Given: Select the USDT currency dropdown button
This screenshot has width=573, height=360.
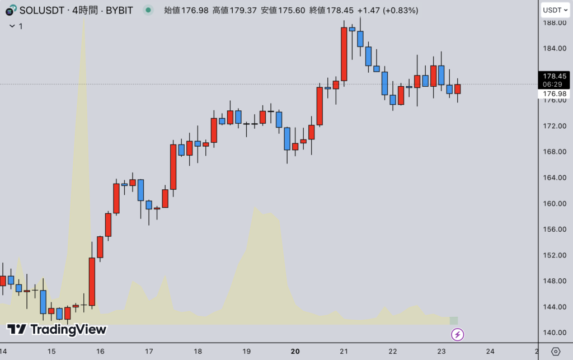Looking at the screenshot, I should pyautogui.click(x=555, y=10).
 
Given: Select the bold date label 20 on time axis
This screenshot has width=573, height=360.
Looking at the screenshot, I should pyautogui.click(x=295, y=352).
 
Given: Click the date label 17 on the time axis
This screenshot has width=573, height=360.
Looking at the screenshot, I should pyautogui.click(x=149, y=352).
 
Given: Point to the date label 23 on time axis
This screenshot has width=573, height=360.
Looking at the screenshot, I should pyautogui.click(x=442, y=352).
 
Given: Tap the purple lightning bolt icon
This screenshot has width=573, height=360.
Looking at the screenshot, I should pyautogui.click(x=458, y=335).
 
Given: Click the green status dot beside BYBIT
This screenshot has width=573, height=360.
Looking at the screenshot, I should pyautogui.click(x=148, y=10).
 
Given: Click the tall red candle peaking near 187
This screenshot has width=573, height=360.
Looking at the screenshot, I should pyautogui.click(x=344, y=54).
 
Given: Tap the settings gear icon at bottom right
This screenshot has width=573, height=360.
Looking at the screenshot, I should pyautogui.click(x=556, y=352).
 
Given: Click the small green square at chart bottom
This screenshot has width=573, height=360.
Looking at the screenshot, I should pyautogui.click(x=453, y=321).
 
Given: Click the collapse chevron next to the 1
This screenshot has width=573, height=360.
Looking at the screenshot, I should pyautogui.click(x=11, y=26).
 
